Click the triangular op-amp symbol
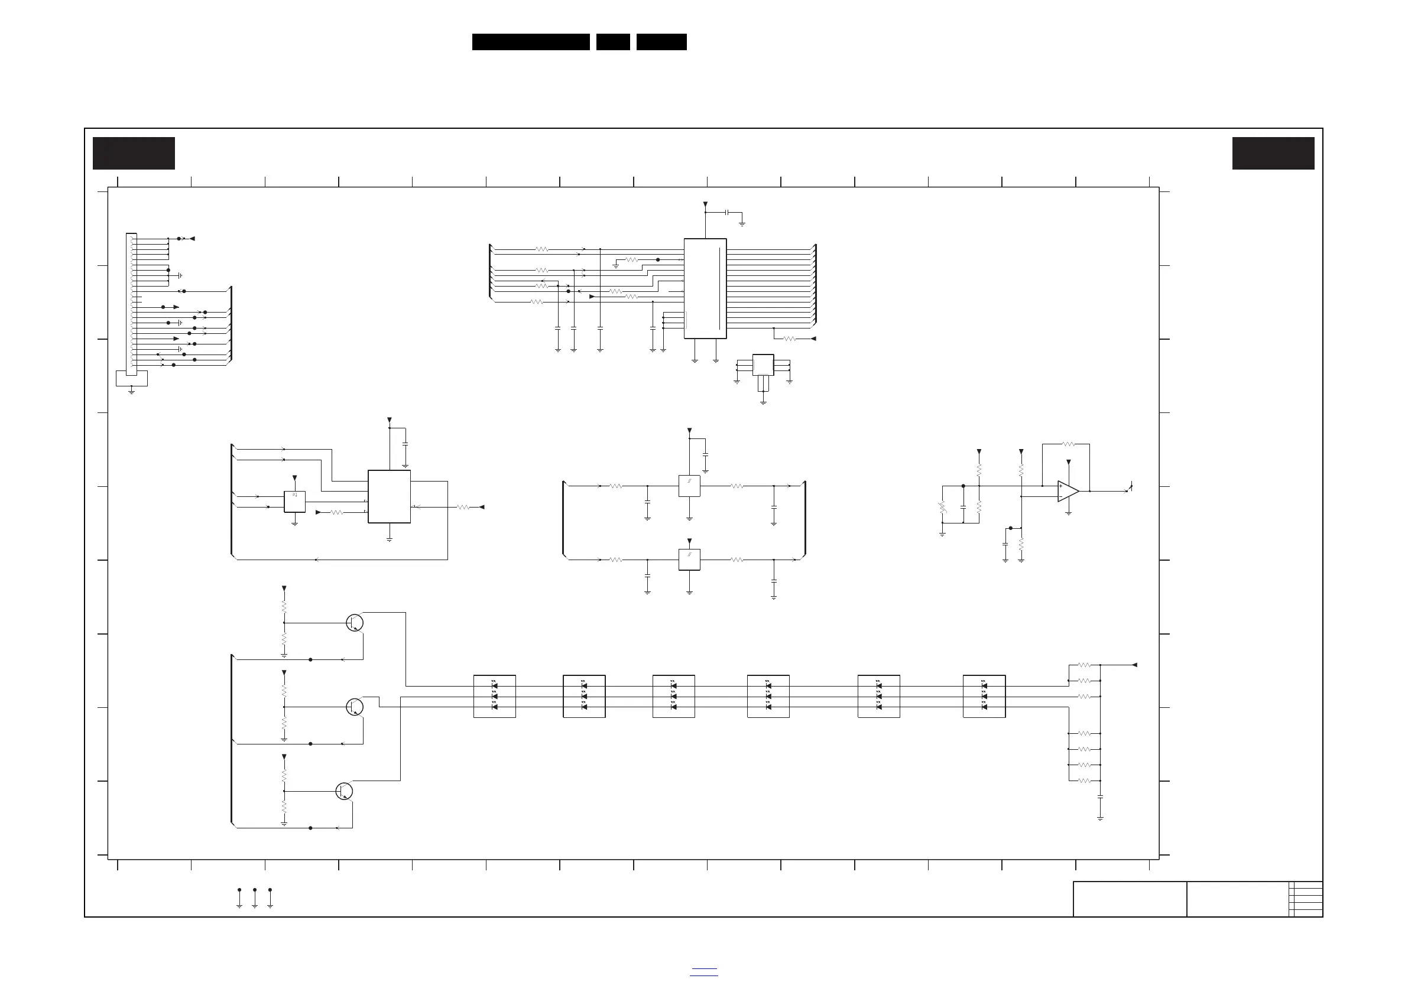[x=1068, y=491]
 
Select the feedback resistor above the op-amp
[x=1068, y=444]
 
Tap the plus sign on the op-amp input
[x=1061, y=486]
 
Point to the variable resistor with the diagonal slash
[x=943, y=508]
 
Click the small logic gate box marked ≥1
[x=294, y=502]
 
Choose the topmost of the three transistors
[x=355, y=623]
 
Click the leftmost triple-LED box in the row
[x=494, y=697]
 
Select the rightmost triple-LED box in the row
[x=984, y=697]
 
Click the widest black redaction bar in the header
[x=530, y=42]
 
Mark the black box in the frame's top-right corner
[x=1273, y=153]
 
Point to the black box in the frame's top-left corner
[x=134, y=153]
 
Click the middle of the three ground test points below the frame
[x=255, y=898]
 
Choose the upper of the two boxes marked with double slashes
[x=689, y=486]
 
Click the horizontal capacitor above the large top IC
[x=726, y=212]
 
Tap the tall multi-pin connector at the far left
[x=131, y=304]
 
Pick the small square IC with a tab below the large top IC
[x=763, y=365]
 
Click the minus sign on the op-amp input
[x=1061, y=496]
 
